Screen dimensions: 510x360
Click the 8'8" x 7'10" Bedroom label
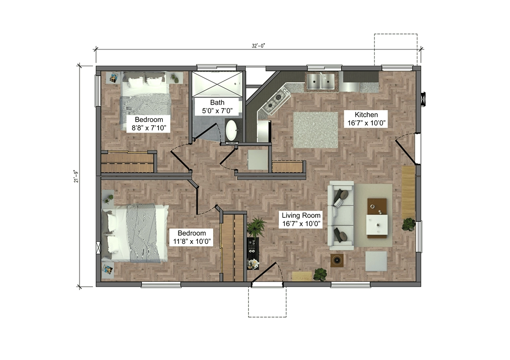[148, 123]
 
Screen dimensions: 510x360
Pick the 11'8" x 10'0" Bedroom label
[192, 237]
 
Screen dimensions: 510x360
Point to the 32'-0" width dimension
[258, 46]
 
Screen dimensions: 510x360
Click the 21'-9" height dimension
[76, 176]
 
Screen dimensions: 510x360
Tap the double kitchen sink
[321, 81]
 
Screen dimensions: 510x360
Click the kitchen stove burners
[275, 100]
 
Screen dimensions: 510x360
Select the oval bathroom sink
[231, 131]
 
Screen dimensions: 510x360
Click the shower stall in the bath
[217, 84]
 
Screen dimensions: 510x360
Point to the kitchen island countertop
[316, 130]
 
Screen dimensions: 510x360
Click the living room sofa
[341, 214]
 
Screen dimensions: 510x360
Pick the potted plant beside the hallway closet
[257, 226]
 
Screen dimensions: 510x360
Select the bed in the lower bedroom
[135, 233]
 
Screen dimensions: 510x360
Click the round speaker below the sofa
[337, 260]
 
